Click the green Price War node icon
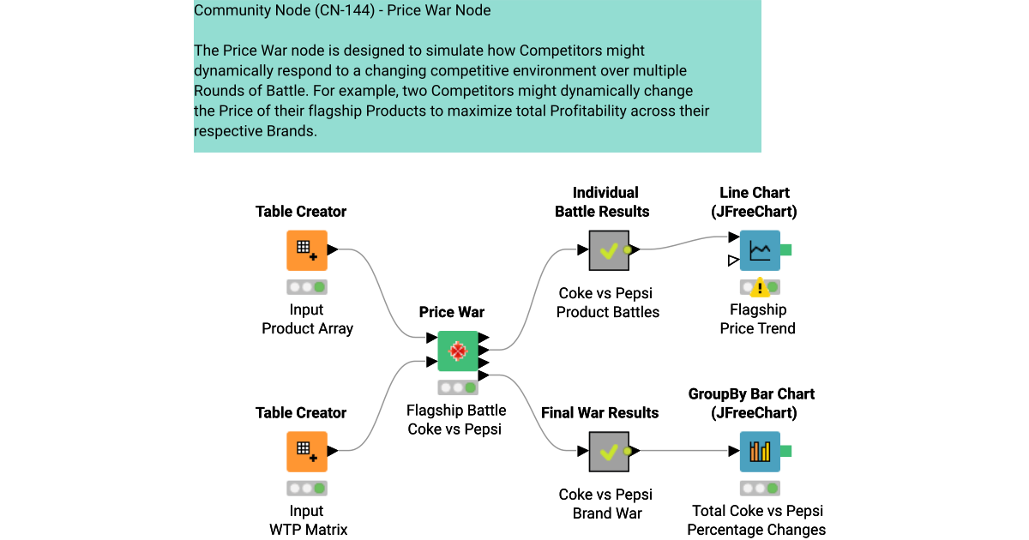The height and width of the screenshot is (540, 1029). (x=458, y=351)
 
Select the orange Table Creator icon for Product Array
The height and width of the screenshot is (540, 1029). (x=306, y=250)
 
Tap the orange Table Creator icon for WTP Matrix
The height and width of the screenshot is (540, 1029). (x=306, y=452)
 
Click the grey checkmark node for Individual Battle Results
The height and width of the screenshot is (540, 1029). (x=609, y=250)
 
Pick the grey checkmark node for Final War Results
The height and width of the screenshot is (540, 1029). (x=609, y=452)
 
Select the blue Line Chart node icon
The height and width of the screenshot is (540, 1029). (x=760, y=250)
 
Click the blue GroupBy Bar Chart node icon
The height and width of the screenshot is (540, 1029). (x=760, y=452)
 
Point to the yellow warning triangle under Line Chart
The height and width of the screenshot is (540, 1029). (x=760, y=289)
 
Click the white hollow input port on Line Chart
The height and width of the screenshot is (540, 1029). (x=733, y=260)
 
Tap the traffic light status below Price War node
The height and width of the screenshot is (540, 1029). (x=458, y=387)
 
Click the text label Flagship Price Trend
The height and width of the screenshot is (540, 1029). (x=758, y=319)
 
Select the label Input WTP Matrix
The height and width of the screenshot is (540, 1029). (x=308, y=520)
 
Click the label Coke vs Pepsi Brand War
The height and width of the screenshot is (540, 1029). (x=605, y=504)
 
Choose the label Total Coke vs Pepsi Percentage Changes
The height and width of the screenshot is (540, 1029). (x=756, y=520)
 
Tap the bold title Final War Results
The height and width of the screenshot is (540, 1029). (x=599, y=413)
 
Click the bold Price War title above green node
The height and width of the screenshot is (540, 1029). (x=452, y=312)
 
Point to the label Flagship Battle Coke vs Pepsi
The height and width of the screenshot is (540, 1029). (x=456, y=419)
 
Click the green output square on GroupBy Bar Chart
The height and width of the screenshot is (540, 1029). (x=785, y=451)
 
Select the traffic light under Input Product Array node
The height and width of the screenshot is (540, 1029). (x=307, y=287)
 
